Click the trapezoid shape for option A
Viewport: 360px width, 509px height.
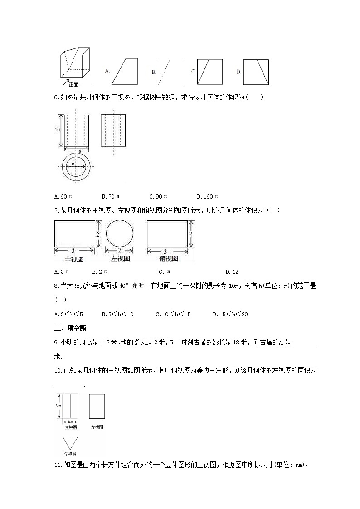click(x=125, y=71)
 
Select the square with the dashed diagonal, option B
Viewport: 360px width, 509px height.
click(x=170, y=72)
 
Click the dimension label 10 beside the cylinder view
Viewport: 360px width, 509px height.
click(x=57, y=130)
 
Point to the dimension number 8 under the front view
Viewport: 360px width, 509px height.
click(x=79, y=151)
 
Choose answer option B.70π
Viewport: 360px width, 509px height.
click(x=110, y=196)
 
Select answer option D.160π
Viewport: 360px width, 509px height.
click(x=207, y=196)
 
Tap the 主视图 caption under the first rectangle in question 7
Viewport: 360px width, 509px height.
click(x=75, y=259)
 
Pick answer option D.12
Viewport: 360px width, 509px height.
click(x=232, y=271)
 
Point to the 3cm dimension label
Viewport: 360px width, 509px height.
click(x=58, y=406)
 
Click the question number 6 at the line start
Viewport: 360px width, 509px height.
click(x=56, y=97)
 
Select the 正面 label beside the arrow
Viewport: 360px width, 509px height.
click(x=73, y=84)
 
